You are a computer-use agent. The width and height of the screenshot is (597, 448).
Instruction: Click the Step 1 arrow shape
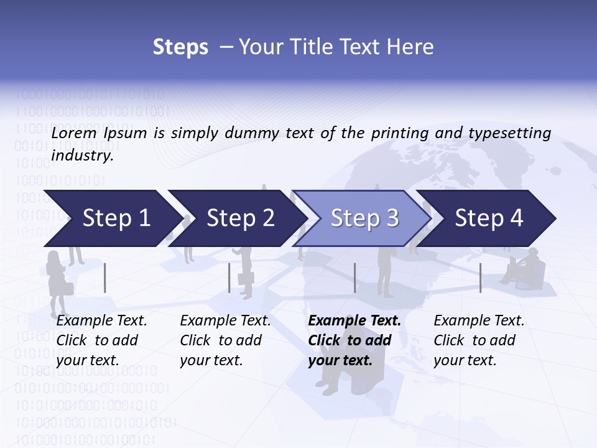coord(112,218)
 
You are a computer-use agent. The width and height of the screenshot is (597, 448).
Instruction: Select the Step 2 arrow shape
coord(238,218)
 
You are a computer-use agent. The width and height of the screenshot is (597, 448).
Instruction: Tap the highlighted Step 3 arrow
coord(363,218)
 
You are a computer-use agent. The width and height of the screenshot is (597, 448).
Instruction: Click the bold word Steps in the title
coord(180,47)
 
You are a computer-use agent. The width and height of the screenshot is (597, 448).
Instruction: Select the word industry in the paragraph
coord(82,156)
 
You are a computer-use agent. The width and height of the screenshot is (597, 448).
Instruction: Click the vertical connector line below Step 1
coord(105,278)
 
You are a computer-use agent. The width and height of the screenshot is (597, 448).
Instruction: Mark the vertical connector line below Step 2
coord(229,278)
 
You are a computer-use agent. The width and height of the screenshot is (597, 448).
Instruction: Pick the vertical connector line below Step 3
coord(355,278)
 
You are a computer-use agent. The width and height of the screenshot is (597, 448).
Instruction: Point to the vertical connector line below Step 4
coord(480,278)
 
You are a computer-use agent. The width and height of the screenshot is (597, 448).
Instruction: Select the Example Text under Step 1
coord(101,321)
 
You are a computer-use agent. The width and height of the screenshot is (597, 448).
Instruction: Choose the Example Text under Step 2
coord(225,321)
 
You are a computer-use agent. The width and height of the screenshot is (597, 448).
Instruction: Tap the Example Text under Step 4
coord(479,321)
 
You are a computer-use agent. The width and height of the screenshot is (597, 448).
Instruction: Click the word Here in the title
coord(413,47)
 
